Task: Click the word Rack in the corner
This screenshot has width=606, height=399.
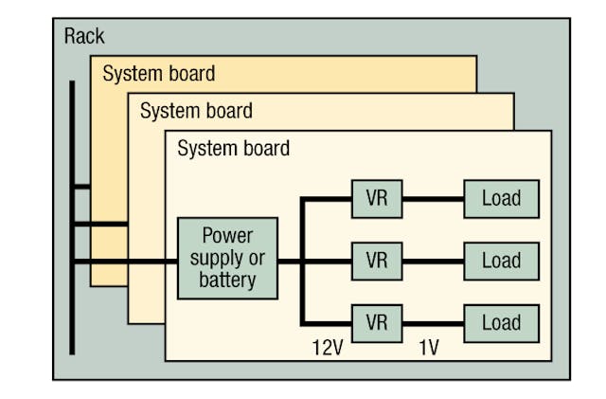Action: pos(84,37)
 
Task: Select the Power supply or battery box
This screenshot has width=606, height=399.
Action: pos(228,258)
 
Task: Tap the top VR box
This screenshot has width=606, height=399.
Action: pos(376,199)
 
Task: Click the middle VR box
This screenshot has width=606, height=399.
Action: pos(376,261)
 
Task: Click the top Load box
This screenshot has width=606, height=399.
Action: pos(501,199)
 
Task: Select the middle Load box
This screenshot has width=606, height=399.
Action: pos(501,261)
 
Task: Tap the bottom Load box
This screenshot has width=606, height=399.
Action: pos(501,322)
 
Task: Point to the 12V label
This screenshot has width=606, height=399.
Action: pos(327,348)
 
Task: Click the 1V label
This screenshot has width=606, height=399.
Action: pos(429,348)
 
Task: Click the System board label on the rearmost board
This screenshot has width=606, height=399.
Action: pos(158,73)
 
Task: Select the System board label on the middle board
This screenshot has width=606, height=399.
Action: pos(196,111)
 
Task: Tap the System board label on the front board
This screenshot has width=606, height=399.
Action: pos(233,149)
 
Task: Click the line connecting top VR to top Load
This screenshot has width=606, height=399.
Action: pos(432,200)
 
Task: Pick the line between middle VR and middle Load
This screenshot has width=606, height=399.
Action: pos(432,261)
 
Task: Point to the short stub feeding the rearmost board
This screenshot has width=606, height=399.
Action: pos(81,187)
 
